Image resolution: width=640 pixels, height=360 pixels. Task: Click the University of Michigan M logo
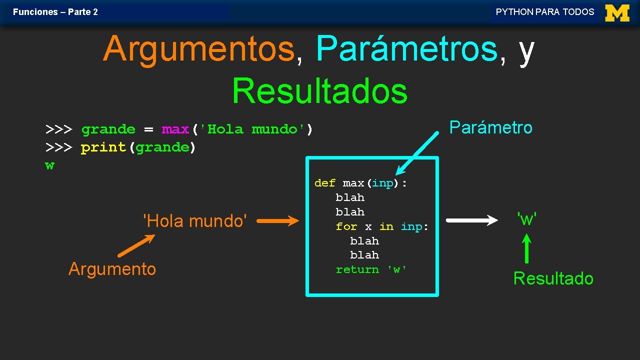[617, 12]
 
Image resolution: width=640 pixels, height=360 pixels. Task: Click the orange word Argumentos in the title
[198, 49]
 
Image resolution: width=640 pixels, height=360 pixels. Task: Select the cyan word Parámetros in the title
[407, 49]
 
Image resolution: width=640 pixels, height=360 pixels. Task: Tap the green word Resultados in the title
[319, 91]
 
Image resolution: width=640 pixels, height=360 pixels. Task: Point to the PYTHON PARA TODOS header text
[545, 12]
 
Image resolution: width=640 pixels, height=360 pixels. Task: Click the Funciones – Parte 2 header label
[55, 12]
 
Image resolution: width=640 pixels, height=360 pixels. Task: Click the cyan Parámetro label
[490, 127]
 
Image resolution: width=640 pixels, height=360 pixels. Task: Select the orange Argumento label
[112, 269]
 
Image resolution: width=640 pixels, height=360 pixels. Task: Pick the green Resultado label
[553, 278]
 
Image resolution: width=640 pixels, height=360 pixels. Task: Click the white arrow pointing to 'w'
[471, 220]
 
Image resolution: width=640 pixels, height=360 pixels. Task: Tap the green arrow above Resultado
[526, 248]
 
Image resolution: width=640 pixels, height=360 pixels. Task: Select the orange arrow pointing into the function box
[277, 221]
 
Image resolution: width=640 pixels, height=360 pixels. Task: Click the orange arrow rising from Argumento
[136, 245]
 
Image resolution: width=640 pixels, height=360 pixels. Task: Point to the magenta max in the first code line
[175, 129]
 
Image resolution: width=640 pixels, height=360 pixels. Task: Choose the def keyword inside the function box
[324, 183]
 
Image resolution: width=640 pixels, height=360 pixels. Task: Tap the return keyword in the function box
[357, 269]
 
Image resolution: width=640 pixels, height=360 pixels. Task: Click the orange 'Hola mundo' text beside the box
[194, 220]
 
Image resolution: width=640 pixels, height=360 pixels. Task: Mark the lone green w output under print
[49, 165]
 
